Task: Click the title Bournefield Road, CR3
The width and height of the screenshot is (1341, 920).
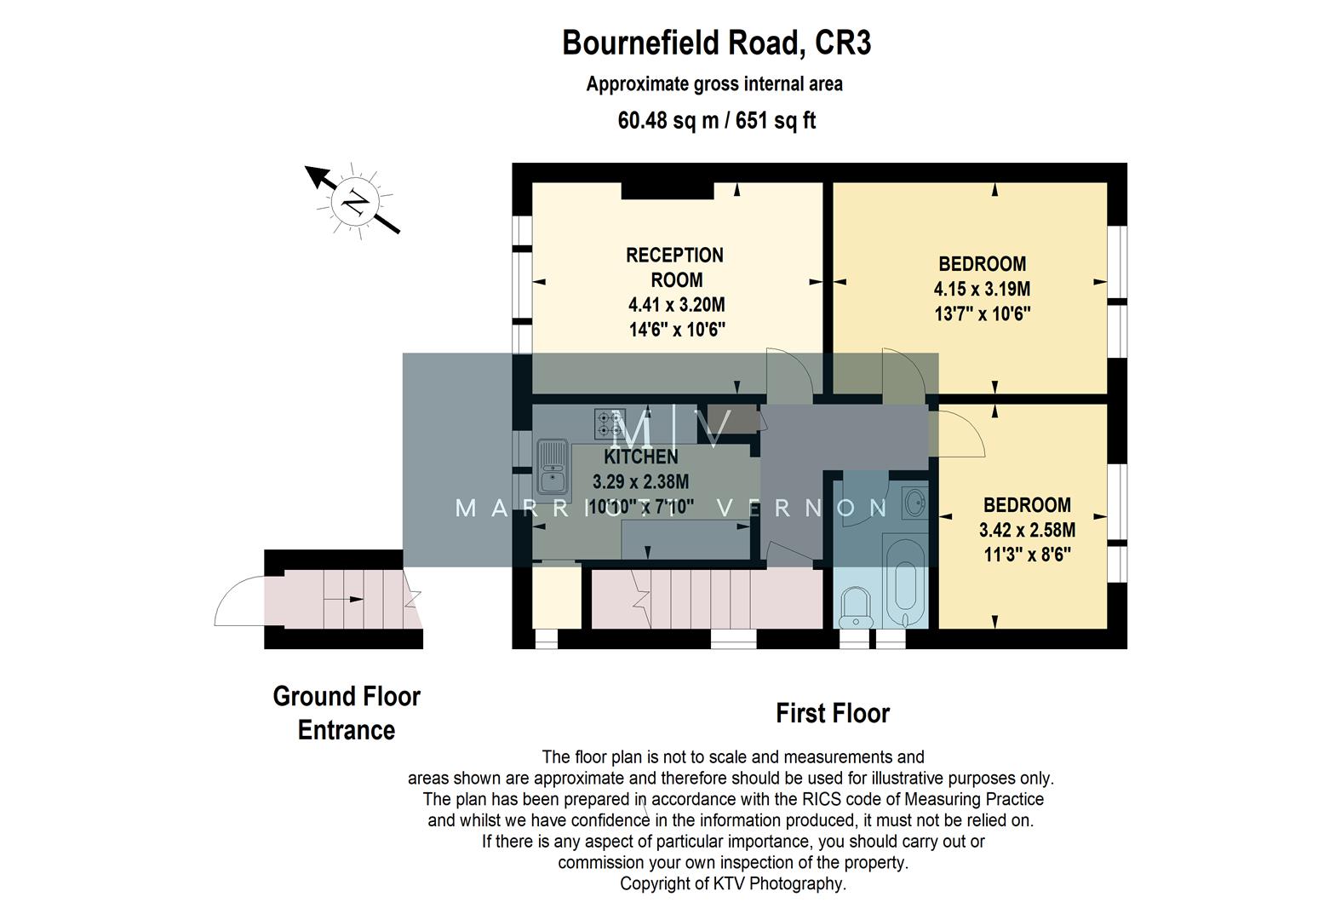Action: pos(716,43)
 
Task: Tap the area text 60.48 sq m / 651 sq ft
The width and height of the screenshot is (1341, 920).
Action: pos(716,120)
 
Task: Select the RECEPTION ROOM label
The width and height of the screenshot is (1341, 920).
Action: pos(674,267)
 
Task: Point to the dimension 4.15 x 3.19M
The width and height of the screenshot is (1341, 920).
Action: pos(982,289)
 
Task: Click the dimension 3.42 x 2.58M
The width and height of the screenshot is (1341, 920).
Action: pos(1026,530)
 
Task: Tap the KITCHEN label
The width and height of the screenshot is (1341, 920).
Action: pos(640,457)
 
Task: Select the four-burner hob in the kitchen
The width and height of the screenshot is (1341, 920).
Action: pos(610,423)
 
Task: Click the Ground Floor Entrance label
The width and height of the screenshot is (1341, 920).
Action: pos(347,713)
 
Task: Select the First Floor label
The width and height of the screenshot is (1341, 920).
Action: pos(832,713)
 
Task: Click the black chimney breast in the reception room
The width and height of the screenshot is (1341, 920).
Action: pos(667,192)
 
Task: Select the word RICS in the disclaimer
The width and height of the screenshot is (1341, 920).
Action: pos(822,799)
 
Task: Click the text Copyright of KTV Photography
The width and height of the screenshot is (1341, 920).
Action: pos(732,883)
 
